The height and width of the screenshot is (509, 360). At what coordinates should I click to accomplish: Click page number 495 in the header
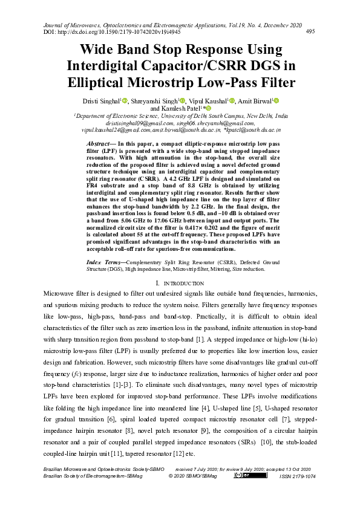pos(309,31)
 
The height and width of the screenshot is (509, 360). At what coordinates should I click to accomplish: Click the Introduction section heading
pos(180,283)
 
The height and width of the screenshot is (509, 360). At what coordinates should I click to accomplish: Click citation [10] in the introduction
pos(265,442)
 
